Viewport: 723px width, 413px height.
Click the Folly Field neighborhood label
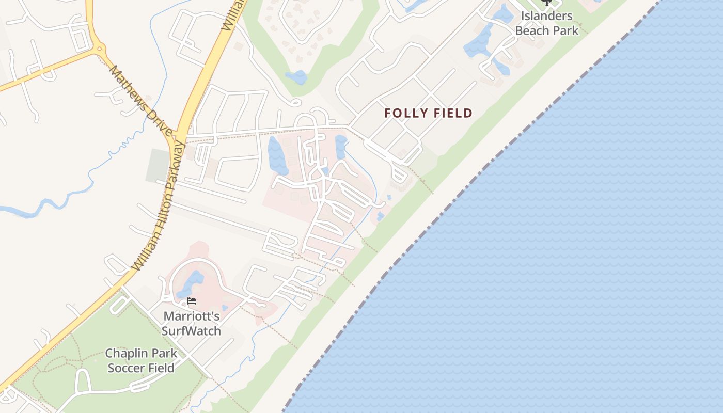[x=428, y=113]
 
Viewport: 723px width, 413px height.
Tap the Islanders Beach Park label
[x=547, y=23]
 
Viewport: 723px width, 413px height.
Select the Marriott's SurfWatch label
[x=192, y=323]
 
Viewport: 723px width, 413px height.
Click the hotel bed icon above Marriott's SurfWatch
[x=192, y=300]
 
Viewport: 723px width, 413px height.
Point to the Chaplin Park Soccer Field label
[x=140, y=360]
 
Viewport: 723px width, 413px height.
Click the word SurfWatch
[x=192, y=331]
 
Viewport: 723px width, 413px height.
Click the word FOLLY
[x=405, y=113]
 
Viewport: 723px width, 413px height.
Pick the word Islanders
[x=547, y=16]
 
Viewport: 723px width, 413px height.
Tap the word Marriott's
[x=192, y=316]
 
